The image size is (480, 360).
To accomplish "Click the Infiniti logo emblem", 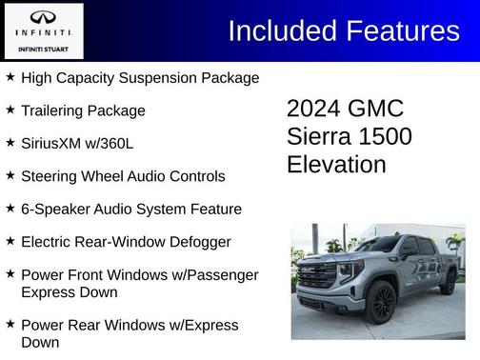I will click(x=44, y=18).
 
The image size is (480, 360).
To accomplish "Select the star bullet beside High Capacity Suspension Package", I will click(x=10, y=76).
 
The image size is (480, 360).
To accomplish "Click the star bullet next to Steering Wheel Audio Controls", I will click(x=10, y=175).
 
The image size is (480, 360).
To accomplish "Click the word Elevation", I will click(x=336, y=165).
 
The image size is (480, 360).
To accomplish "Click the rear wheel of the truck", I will click(x=448, y=282).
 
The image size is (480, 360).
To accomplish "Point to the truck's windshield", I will click(x=371, y=246).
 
